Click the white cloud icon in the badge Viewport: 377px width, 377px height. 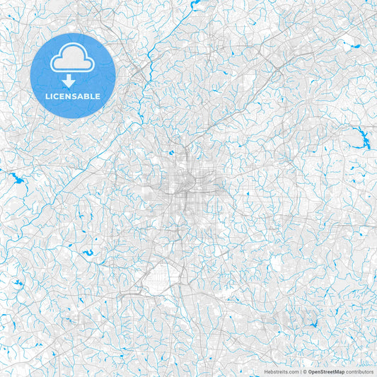point(73,57)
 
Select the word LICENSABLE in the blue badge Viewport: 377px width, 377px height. point(73,95)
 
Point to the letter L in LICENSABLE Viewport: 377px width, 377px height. point(47,95)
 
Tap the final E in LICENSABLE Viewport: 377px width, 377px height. point(98,95)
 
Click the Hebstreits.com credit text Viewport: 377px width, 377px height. point(281,371)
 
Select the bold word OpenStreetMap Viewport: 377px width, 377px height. point(326,371)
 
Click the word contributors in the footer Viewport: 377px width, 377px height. point(359,371)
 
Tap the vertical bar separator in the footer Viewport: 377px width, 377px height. point(300,371)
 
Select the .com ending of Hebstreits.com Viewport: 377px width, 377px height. point(292,371)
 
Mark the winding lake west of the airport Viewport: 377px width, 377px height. point(88,253)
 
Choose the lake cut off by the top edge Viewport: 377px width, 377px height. point(195,4)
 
